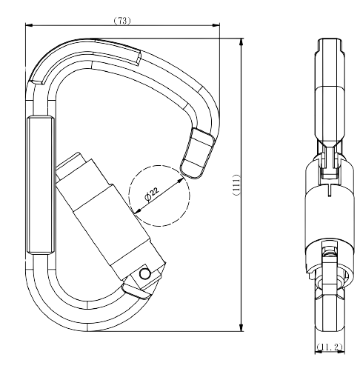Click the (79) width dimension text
point(123,21)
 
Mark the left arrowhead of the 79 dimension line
point(27,27)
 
